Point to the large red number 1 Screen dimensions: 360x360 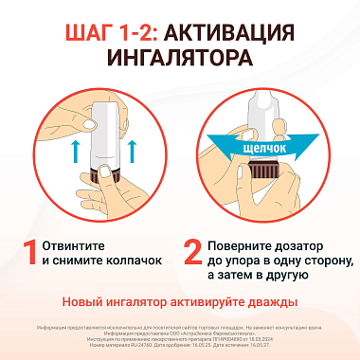(30, 252)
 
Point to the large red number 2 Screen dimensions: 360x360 (192, 252)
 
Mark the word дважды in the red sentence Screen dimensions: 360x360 (270, 302)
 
